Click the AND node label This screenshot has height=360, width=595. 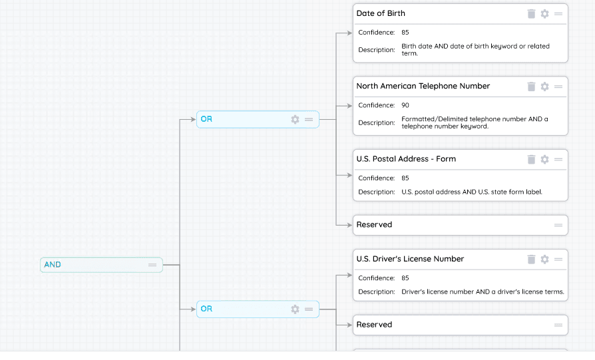click(53, 264)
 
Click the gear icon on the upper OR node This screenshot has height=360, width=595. click(296, 120)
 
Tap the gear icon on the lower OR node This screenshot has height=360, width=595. click(296, 309)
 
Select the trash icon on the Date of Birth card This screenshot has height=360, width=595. click(531, 14)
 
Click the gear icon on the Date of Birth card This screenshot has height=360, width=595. click(544, 14)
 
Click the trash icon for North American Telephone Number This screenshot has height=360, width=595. click(531, 87)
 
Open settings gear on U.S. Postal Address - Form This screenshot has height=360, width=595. click(544, 160)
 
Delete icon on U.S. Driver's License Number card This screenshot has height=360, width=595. click(531, 260)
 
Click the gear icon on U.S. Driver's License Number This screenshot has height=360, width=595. click(544, 260)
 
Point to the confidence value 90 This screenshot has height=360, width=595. click(405, 105)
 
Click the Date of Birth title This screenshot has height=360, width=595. click(381, 13)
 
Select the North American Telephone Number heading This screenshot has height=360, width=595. click(423, 86)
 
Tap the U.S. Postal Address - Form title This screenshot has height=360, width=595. click(406, 159)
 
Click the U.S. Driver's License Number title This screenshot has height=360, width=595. click(410, 259)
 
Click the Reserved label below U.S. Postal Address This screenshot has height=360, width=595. click(374, 224)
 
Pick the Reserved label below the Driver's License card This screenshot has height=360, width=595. click(374, 325)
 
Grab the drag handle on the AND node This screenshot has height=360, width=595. click(152, 265)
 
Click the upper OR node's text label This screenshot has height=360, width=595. click(206, 119)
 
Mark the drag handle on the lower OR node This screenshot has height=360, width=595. click(309, 309)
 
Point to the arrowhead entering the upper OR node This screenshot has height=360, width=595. click(193, 120)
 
